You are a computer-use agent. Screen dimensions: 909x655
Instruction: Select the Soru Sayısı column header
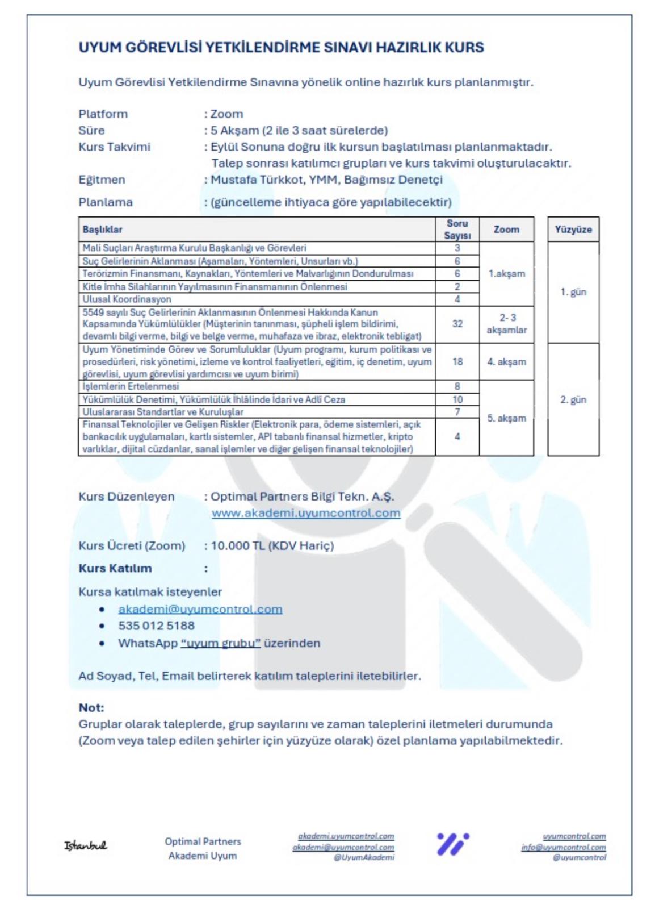tap(457, 230)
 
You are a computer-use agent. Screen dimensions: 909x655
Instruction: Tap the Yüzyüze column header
tap(573, 230)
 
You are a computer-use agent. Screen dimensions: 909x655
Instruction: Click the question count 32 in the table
tap(457, 324)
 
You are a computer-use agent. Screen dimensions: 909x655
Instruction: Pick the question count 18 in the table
tap(457, 361)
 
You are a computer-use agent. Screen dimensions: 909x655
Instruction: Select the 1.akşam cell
tap(506, 273)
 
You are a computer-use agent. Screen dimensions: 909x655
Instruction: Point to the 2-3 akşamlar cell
tap(506, 324)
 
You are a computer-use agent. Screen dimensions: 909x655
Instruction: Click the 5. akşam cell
tap(506, 418)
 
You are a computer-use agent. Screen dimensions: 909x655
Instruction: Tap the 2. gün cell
tap(573, 399)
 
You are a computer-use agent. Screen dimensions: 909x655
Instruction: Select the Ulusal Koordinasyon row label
tap(127, 299)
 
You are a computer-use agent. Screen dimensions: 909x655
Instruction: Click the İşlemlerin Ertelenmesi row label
tap(131, 386)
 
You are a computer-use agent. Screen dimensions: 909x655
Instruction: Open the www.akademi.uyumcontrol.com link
tap(306, 513)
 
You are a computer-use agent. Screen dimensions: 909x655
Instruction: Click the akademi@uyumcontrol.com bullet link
tap(200, 609)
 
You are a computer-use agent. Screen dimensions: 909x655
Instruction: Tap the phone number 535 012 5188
tap(156, 626)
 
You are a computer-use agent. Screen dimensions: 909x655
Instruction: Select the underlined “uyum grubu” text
tap(221, 643)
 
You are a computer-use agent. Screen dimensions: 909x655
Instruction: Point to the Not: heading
tap(91, 708)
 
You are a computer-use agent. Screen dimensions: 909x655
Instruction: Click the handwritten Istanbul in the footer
tap(85, 845)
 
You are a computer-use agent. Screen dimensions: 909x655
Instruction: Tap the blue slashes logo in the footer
tap(452, 844)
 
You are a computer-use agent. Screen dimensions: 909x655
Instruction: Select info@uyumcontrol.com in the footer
tap(563, 847)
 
